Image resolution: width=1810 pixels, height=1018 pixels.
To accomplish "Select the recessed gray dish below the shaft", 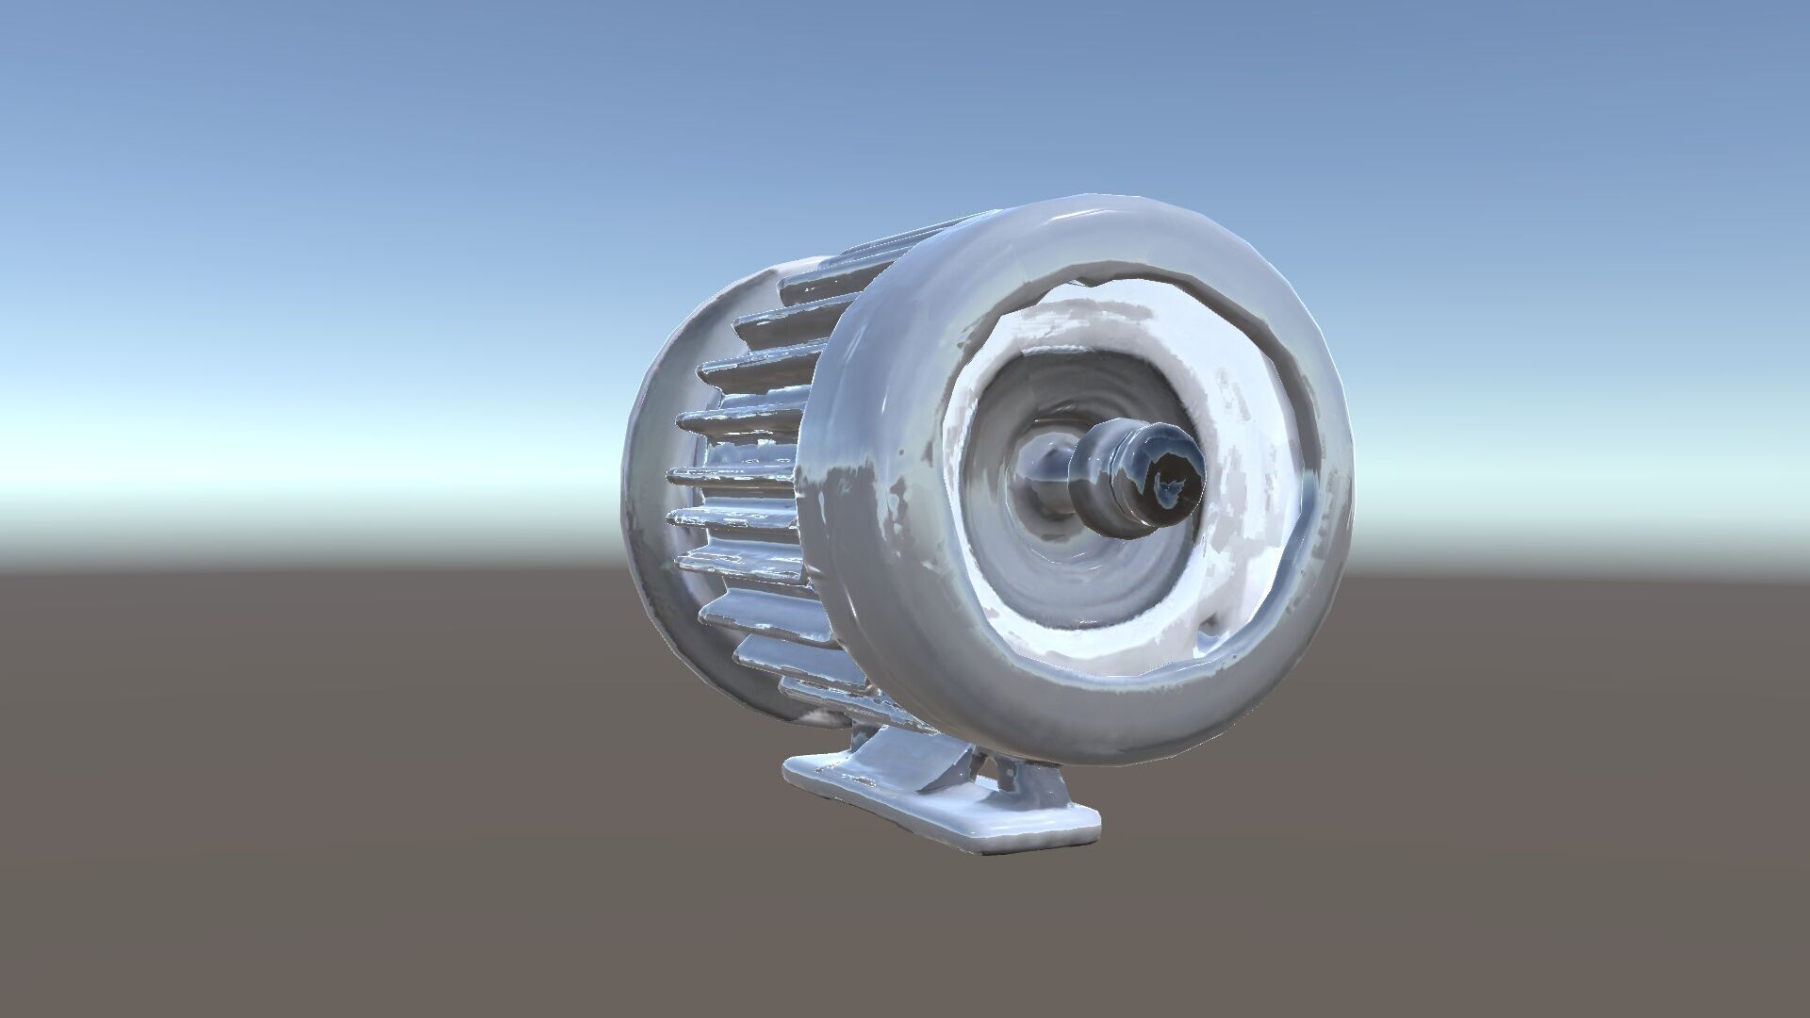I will [x=1084, y=584].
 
